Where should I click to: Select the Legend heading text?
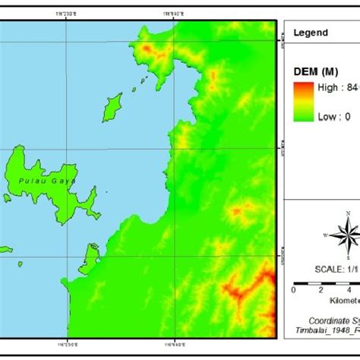[x=311, y=33]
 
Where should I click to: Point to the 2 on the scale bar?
[x=321, y=289]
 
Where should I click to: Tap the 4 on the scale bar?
[x=348, y=289]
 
